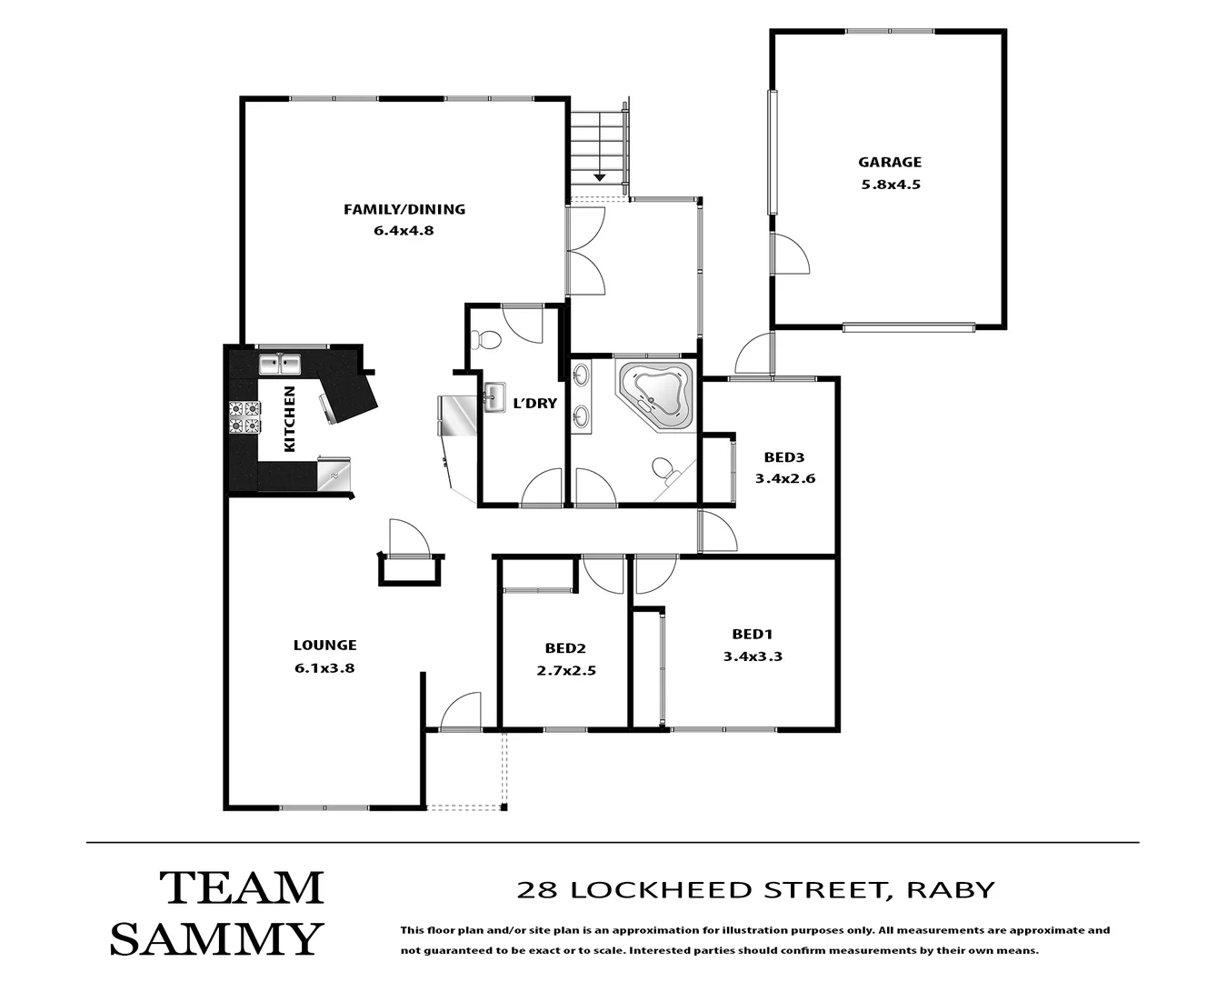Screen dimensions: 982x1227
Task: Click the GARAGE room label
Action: click(x=889, y=162)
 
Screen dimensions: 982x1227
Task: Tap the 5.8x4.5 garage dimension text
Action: click(x=889, y=184)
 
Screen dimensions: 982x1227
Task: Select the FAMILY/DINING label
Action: click(x=404, y=209)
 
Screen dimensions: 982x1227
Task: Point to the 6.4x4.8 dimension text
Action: click(x=404, y=230)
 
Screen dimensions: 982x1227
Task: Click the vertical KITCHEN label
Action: click(x=290, y=419)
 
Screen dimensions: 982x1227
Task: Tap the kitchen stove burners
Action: click(x=244, y=418)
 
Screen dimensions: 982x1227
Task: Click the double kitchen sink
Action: click(x=280, y=365)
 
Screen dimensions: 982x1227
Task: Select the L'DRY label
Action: click(x=534, y=403)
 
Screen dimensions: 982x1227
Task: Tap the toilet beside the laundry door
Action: click(x=487, y=340)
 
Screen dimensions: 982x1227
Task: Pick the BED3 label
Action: click(x=784, y=457)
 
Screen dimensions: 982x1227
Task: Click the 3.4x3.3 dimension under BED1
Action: click(x=753, y=656)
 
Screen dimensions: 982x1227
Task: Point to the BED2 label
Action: click(x=564, y=648)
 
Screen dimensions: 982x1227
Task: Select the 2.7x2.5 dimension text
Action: click(x=564, y=671)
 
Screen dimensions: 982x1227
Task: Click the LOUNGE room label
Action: click(x=324, y=645)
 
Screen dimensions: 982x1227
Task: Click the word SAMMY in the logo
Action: click(x=217, y=938)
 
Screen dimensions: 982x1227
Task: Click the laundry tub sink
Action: click(x=494, y=396)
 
